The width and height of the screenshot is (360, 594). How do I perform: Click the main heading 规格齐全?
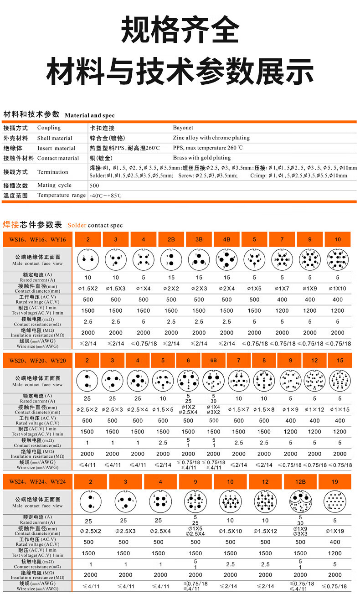[180, 30]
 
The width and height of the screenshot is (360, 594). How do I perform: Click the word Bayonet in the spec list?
[183, 128]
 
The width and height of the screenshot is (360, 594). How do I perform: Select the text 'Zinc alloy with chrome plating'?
[211, 138]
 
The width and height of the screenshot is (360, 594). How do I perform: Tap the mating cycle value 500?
[94, 186]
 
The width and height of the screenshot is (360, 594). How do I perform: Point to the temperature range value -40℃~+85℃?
[106, 196]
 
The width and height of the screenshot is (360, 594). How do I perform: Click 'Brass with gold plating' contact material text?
[201, 158]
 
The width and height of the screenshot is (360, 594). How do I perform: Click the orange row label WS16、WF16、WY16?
[37, 240]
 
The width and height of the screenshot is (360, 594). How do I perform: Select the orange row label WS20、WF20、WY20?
[37, 361]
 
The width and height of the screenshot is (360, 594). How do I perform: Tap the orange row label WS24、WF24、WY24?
[37, 482]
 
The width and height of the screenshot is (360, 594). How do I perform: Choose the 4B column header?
[226, 240]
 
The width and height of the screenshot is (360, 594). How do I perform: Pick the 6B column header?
[213, 361]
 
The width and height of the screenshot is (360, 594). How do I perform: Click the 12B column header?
[300, 482]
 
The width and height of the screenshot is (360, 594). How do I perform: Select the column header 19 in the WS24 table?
[335, 482]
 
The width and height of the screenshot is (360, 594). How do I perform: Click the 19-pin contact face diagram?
[335, 502]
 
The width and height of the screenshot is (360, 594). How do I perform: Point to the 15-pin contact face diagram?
[339, 381]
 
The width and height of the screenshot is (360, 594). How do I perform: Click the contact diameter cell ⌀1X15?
[339, 410]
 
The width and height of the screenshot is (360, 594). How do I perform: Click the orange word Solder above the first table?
[77, 225]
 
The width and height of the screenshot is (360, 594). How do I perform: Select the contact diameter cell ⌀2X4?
[226, 288]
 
